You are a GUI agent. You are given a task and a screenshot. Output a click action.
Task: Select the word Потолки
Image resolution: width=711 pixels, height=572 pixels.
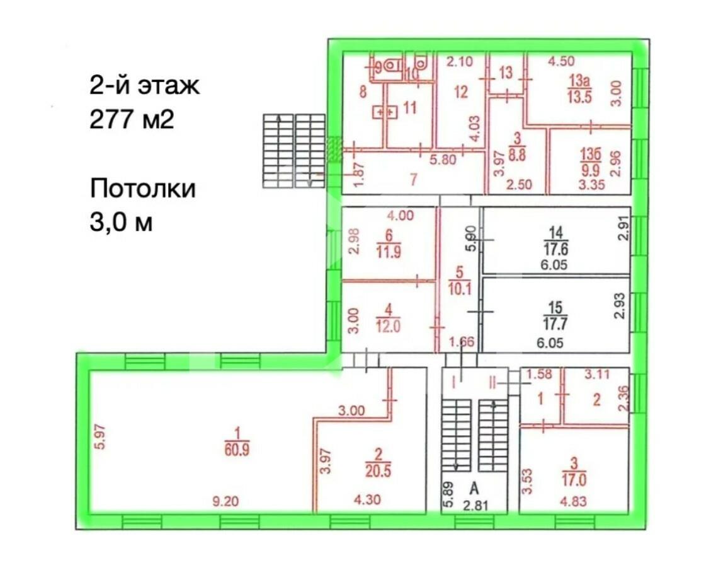point(143,188)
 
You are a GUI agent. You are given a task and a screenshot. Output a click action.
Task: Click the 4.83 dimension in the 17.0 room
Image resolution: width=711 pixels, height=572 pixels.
point(572,503)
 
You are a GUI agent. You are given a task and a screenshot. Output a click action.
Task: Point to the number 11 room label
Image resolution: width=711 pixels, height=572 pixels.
point(410,108)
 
